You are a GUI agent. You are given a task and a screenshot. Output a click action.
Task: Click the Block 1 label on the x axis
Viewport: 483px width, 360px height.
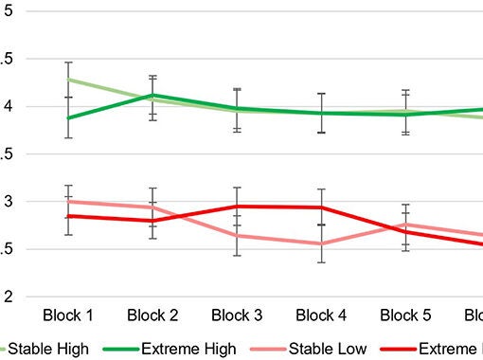(x=68, y=315)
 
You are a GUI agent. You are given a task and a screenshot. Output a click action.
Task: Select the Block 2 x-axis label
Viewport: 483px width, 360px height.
(x=152, y=315)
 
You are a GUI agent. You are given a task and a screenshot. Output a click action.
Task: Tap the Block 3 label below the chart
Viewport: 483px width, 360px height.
(x=237, y=315)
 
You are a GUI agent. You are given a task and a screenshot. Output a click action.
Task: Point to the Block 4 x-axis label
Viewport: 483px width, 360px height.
(x=321, y=315)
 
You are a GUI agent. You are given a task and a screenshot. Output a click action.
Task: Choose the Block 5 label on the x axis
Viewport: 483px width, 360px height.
(x=405, y=315)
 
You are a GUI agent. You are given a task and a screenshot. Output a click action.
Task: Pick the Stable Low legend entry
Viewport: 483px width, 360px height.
(x=328, y=349)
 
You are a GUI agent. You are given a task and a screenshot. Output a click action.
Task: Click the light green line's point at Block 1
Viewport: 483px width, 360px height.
(x=68, y=80)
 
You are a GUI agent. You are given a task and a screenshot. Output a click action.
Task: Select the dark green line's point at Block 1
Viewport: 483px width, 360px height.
(x=68, y=118)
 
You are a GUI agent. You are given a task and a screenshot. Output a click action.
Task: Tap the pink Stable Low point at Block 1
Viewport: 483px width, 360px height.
(x=68, y=201)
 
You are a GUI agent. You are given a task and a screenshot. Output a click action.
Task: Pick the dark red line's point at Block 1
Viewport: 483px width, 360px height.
(x=68, y=216)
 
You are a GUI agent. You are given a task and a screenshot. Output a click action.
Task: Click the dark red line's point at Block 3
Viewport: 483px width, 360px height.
(x=237, y=206)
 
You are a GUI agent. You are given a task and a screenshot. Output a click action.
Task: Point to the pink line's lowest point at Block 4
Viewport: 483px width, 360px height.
(x=321, y=243)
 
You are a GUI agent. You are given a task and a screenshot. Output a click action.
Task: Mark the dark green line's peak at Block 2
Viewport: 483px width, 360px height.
(x=152, y=95)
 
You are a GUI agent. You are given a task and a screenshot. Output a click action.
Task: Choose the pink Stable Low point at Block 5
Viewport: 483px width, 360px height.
(x=405, y=225)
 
